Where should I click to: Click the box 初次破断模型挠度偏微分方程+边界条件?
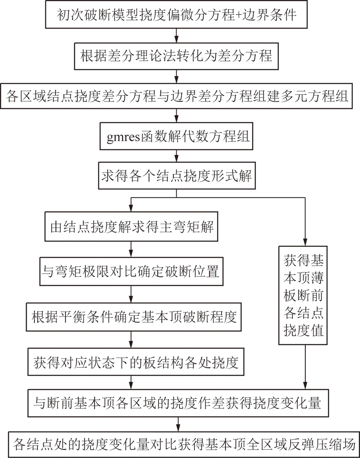(176, 14)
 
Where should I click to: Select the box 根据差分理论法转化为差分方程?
(176, 56)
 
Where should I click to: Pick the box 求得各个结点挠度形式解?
(177, 175)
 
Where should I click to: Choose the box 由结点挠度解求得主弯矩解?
(131, 227)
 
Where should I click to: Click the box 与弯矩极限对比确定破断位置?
(131, 271)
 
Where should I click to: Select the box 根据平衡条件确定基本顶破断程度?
(134, 317)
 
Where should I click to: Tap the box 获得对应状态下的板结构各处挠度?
(136, 362)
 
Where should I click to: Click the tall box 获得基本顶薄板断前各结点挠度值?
(303, 295)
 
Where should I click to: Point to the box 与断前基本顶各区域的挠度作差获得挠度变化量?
(179, 403)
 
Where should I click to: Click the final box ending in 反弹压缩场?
(184, 444)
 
